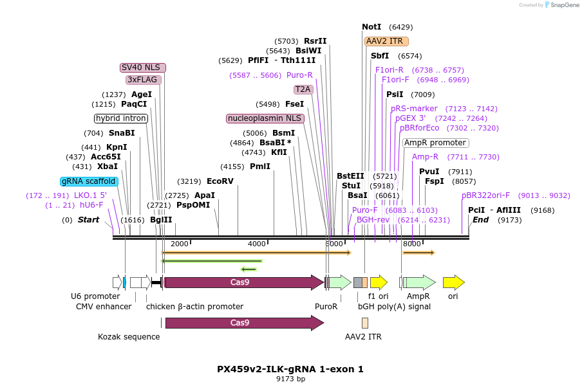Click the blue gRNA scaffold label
[89, 181]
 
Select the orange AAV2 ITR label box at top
[386, 41]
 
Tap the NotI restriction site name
[371, 27]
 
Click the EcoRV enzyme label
[220, 181]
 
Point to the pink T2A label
[303, 89]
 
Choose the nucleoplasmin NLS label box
[265, 118]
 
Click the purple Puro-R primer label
[299, 75]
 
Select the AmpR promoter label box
[436, 143]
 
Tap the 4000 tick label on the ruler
[256, 244]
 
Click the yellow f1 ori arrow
[379, 282]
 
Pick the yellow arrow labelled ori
[454, 282]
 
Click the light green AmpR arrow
[419, 282]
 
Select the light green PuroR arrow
[340, 282]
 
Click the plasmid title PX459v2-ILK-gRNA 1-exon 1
[290, 369]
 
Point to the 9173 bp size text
[290, 379]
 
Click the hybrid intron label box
[121, 118]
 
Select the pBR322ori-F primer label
[485, 195]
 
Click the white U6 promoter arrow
[117, 282]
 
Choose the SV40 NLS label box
[143, 68]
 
